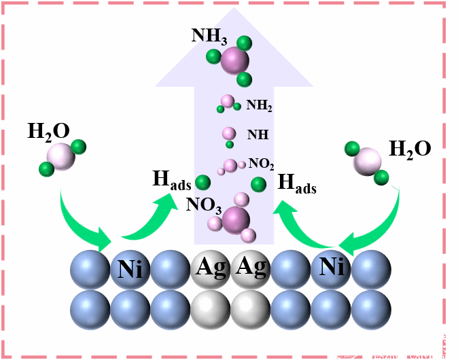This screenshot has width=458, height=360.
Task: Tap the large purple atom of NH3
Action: pyautogui.click(x=235, y=60)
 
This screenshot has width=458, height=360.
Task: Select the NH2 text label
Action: pyautogui.click(x=259, y=105)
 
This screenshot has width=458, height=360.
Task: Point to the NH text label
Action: pyautogui.click(x=258, y=134)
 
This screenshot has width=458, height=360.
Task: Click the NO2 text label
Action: pyautogui.click(x=262, y=164)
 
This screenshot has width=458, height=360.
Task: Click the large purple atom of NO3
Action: pyautogui.click(x=236, y=219)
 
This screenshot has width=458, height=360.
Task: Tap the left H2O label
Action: pyautogui.click(x=48, y=132)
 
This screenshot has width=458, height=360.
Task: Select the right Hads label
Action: pyautogui.click(x=298, y=183)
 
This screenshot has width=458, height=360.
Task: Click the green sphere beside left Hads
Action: pyautogui.click(x=202, y=182)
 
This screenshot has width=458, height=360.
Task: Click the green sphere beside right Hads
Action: pyautogui.click(x=258, y=184)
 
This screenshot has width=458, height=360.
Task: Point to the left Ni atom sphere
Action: pyautogui.click(x=130, y=270)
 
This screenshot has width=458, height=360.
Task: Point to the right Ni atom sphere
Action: pyautogui.click(x=331, y=270)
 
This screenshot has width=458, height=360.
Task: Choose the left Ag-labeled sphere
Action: pyautogui.click(x=210, y=270)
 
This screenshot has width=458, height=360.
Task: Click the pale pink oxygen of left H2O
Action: pyautogui.click(x=60, y=156)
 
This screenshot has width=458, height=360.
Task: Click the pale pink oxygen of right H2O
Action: pyautogui.click(x=368, y=162)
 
